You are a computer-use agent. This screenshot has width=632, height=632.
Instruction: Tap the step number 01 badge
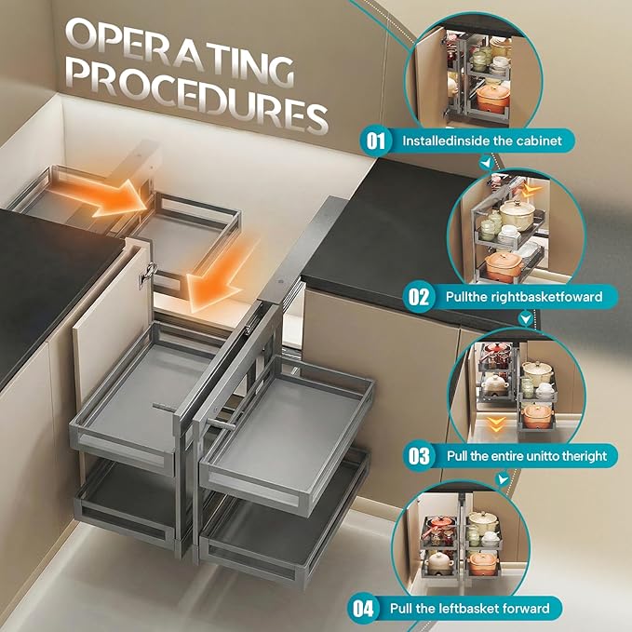pyautogui.click(x=375, y=141)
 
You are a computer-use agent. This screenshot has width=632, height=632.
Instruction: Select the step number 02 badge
pyautogui.click(x=418, y=297)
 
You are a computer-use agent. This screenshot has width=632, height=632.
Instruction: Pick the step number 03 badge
pyautogui.click(x=419, y=456)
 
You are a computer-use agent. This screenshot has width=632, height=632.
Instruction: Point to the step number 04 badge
pyautogui.click(x=363, y=608)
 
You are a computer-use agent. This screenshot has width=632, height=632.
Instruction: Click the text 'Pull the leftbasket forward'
pyautogui.click(x=469, y=608)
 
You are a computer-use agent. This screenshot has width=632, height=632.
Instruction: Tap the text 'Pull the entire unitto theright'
pyautogui.click(x=527, y=456)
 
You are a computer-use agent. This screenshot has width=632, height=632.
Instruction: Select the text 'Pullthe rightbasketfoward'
pyautogui.click(x=524, y=297)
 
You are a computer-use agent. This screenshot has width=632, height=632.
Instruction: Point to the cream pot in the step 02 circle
pyautogui.click(x=517, y=214)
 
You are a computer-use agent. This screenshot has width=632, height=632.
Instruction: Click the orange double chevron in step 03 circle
pyautogui.click(x=496, y=424)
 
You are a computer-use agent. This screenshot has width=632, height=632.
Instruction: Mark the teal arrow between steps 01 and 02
pyautogui.click(x=488, y=163)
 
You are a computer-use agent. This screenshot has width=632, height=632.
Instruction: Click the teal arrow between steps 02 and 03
pyautogui.click(x=525, y=318)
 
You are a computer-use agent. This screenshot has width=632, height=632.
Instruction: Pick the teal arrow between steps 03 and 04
pyautogui.click(x=503, y=478)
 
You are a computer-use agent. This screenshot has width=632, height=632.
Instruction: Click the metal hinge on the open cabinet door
pyautogui.click(x=148, y=275)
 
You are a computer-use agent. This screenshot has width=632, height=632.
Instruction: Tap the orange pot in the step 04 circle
pyautogui.click(x=483, y=563)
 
